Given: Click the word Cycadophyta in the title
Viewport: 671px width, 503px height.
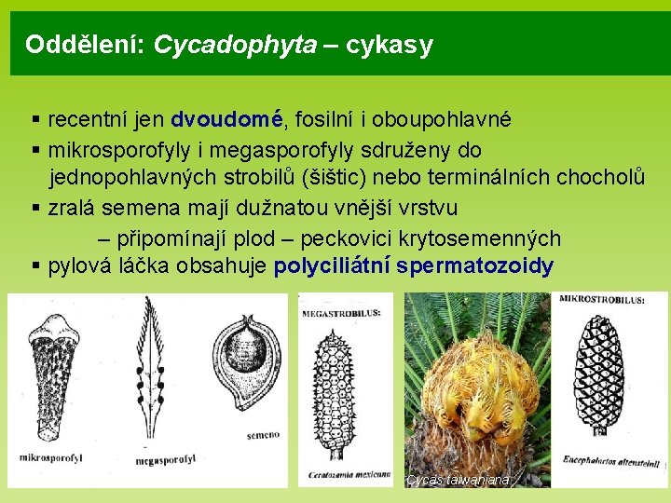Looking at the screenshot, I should pyautogui.click(x=235, y=44).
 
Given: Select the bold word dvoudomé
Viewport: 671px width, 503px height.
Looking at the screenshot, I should pyautogui.click(x=226, y=118).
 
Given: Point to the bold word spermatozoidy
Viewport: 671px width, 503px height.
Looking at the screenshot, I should pyautogui.click(x=474, y=266).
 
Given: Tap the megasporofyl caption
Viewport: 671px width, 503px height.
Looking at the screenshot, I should pyautogui.click(x=165, y=461).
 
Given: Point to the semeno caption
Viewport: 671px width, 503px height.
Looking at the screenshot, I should pyautogui.click(x=263, y=434).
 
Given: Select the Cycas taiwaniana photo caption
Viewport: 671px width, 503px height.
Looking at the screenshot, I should pyautogui.click(x=458, y=480).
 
